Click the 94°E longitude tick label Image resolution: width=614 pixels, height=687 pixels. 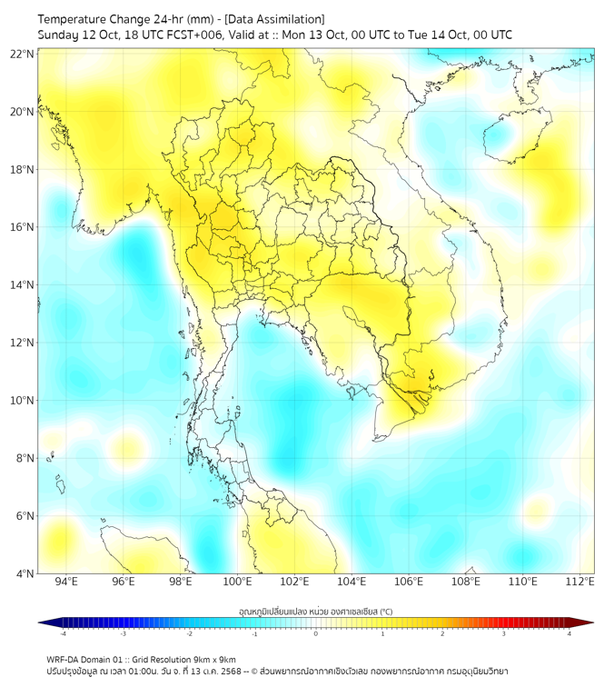(66, 582)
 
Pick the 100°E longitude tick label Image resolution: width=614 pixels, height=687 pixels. (237, 582)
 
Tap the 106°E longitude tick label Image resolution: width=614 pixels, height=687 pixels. (409, 582)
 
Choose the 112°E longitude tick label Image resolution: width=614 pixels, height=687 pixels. (579, 582)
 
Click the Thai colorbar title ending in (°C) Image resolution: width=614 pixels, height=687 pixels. (316, 611)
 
